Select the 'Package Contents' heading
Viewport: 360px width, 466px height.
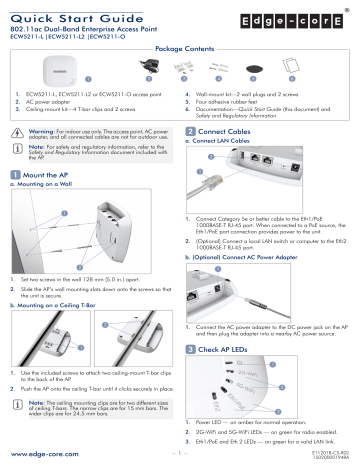click(x=180, y=48)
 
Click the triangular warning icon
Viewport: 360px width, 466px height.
click(x=20, y=132)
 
